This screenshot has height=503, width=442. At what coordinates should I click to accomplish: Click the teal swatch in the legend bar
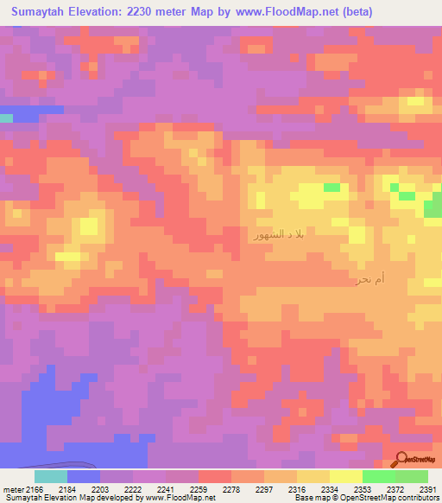point(51,476)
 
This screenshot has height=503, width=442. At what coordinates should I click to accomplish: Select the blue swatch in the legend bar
point(84,476)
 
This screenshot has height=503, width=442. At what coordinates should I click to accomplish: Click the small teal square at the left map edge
point(6,118)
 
